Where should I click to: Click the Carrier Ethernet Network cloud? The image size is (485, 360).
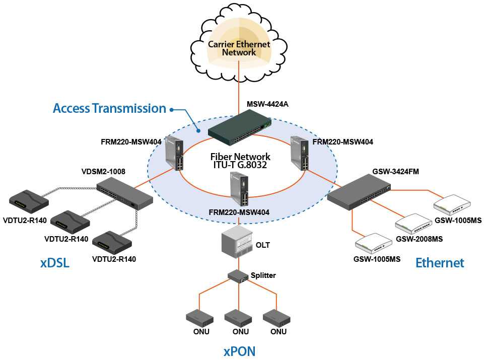click(x=239, y=48)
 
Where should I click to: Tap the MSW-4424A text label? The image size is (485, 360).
click(x=267, y=105)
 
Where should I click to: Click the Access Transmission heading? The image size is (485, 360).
click(x=109, y=108)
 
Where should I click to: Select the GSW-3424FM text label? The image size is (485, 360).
click(x=389, y=172)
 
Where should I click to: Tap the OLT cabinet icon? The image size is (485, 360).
click(x=237, y=242)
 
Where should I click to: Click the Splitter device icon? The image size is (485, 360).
click(x=238, y=275)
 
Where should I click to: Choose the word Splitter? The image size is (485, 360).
click(x=263, y=275)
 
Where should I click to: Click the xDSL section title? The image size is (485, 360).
click(x=54, y=263)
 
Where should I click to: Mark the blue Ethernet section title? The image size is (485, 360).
click(x=440, y=262)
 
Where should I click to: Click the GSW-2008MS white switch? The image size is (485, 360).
click(x=412, y=223)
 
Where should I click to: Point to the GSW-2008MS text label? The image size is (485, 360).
click(x=419, y=239)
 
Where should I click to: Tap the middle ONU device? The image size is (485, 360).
click(x=238, y=318)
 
